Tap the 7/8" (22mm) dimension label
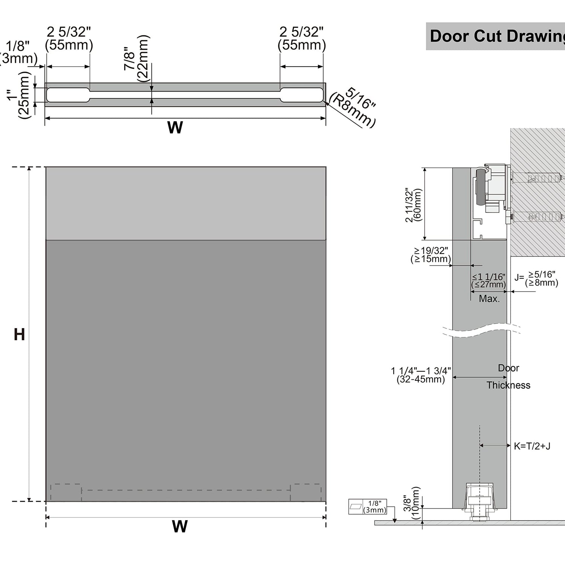(x=136, y=58)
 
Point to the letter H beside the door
(x=19, y=334)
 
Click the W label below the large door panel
(x=180, y=527)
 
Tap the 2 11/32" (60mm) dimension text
(x=414, y=205)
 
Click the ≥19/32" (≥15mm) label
(x=431, y=255)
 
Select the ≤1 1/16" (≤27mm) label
(x=489, y=281)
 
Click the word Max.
(x=489, y=299)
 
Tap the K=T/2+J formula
(x=532, y=446)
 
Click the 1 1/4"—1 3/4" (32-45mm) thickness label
(x=421, y=375)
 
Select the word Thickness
(x=508, y=385)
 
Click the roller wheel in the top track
(x=481, y=188)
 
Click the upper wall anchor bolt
(x=537, y=177)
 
